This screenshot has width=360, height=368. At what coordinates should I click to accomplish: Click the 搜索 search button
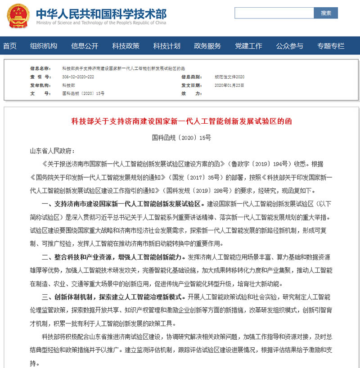pos(326,13)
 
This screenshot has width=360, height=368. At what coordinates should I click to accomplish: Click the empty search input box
pos(274,13)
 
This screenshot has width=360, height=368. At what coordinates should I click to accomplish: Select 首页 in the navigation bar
pos(10,46)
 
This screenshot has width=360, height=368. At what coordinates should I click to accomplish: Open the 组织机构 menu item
pos(44,46)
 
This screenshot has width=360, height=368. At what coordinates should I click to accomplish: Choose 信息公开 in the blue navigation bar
pos(85,46)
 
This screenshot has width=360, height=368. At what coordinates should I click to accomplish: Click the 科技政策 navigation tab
pos(126,46)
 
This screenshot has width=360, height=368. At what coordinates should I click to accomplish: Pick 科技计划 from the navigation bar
pos(166,46)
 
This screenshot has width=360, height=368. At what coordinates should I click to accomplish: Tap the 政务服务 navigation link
pos(207,46)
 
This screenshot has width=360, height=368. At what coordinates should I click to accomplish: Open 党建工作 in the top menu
pos(248,46)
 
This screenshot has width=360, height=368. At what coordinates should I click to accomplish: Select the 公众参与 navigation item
pos(289,46)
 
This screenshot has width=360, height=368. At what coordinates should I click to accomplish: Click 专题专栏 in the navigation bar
pos(331,46)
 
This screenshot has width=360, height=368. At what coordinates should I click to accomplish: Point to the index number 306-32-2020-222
pos(78,77)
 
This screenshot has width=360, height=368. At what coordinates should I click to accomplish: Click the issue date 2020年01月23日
pos(229,85)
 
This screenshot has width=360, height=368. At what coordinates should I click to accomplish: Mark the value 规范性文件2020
pos(229,77)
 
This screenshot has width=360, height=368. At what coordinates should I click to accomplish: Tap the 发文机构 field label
pos(40,85)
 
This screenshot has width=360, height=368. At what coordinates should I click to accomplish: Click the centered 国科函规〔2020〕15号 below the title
pos(181,137)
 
